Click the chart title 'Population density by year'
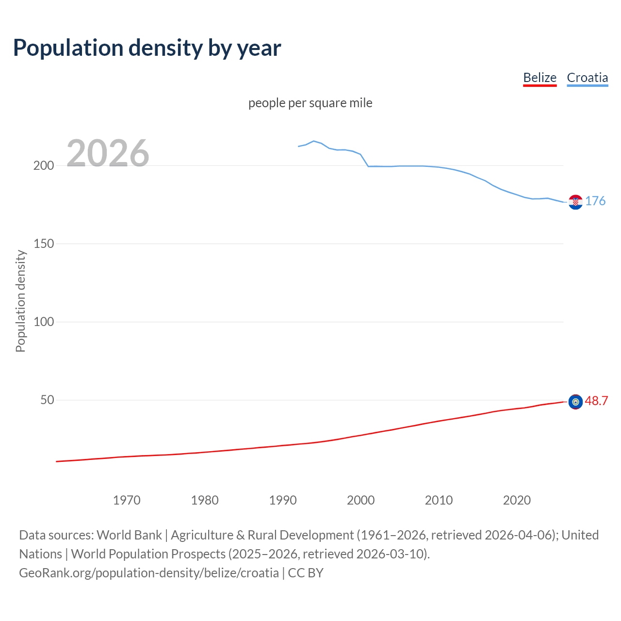[147, 48]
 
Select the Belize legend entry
[539, 78]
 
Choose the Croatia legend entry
[587, 78]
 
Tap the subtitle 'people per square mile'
[310, 103]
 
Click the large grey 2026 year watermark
[108, 153]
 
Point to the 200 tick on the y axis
[44, 165]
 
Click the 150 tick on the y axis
[44, 244]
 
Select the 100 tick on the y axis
[44, 322]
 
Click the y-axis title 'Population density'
[20, 301]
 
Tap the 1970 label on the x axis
[127, 500]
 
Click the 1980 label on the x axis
[205, 500]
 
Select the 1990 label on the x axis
[283, 500]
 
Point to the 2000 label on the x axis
[360, 500]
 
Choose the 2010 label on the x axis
[439, 500]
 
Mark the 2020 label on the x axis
[517, 500]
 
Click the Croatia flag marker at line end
[575, 202]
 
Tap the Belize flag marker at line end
[575, 402]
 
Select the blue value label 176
[595, 201]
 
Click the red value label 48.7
[596, 401]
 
